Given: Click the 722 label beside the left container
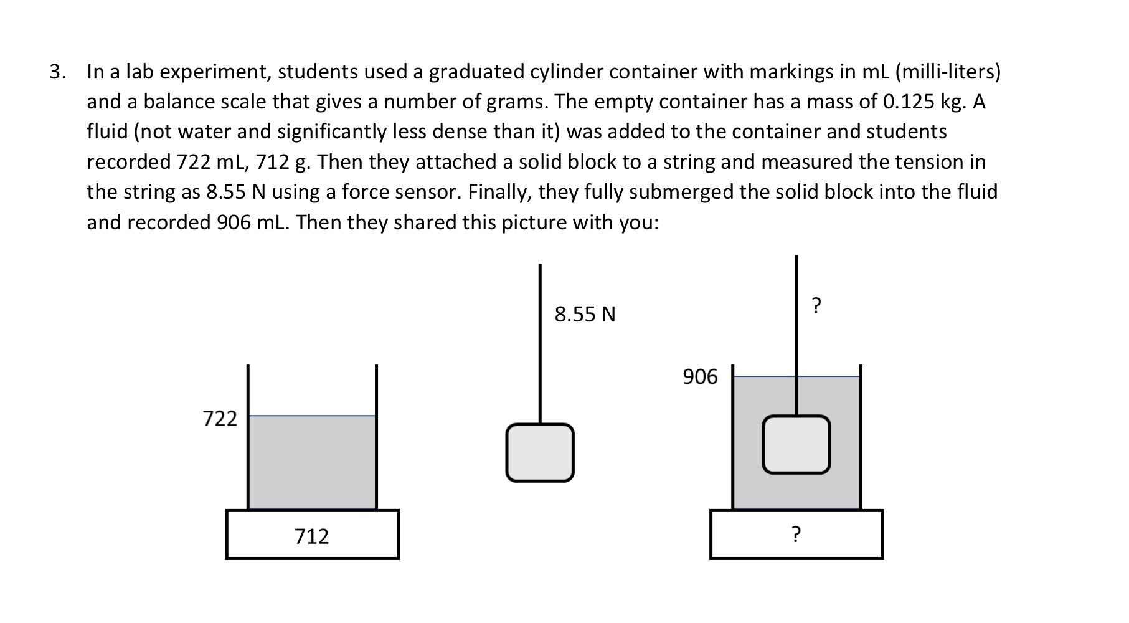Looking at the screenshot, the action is coord(220,418).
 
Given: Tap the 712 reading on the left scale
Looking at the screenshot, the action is coord(311,536).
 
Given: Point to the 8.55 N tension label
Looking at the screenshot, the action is coord(585,314).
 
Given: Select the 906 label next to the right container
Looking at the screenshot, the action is coord(700,377).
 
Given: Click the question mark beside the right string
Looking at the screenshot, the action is coord(817,305).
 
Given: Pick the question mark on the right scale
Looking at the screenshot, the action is coord(796,534).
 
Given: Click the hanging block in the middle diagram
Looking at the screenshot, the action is coord(540,452).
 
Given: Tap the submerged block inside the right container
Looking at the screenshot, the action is coord(796,444).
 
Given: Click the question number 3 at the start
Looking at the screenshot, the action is coord(57,72).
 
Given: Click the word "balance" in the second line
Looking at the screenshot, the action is coord(179,102).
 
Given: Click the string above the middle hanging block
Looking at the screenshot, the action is coord(540,343).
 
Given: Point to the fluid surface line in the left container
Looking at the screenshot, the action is coord(311,416).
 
